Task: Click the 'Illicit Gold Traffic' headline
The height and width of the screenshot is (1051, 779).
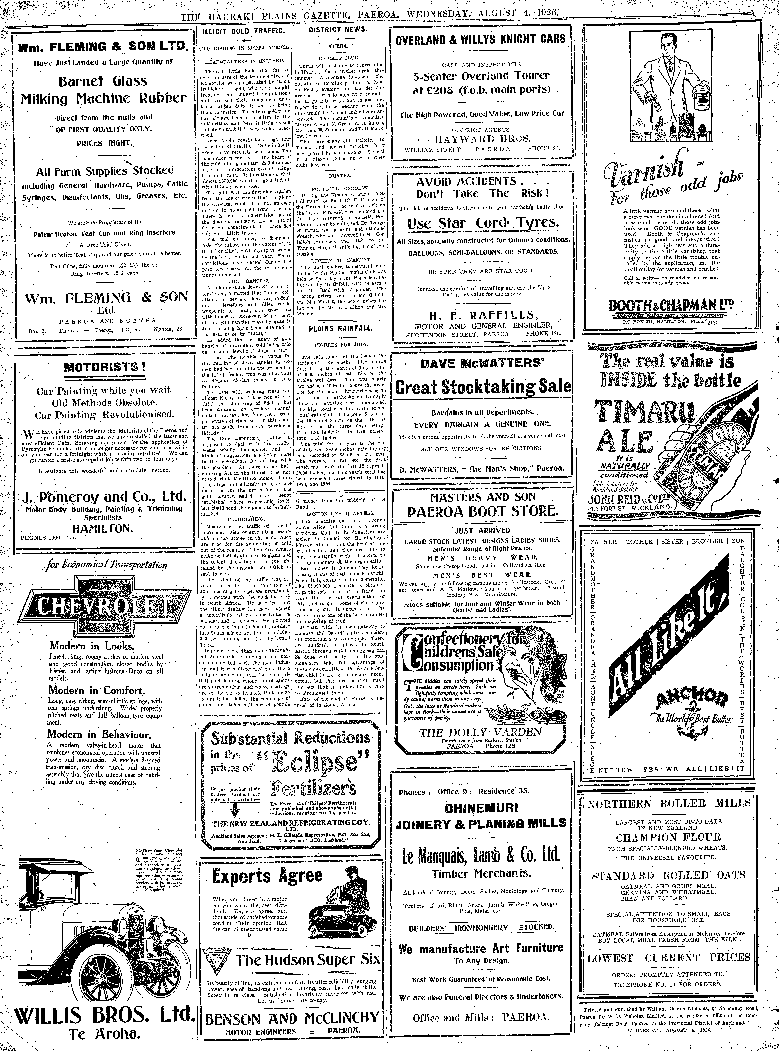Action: (x=243, y=31)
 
